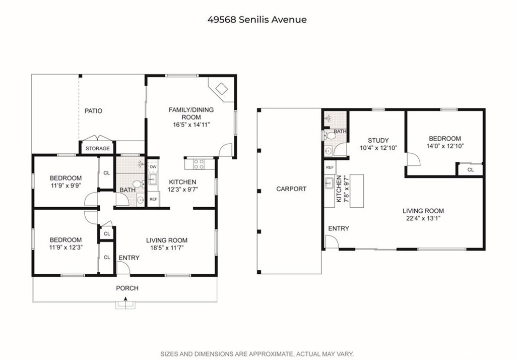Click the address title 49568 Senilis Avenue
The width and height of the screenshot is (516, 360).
tap(257, 20)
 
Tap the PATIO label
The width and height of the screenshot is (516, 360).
tap(93, 111)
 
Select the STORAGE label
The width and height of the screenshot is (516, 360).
tap(98, 149)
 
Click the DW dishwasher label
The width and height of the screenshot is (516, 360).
tap(153, 167)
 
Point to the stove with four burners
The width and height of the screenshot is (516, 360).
tap(199, 164)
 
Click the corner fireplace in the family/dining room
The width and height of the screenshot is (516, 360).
tap(221, 89)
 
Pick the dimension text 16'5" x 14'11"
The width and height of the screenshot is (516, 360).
tap(191, 125)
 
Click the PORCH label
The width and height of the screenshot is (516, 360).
tap(127, 288)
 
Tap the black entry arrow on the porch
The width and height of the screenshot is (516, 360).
tap(125, 299)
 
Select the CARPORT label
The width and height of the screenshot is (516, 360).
tap(291, 189)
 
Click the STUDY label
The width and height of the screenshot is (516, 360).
tap(378, 141)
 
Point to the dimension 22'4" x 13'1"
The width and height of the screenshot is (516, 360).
tap(423, 218)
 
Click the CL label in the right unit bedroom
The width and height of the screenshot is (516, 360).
tap(471, 170)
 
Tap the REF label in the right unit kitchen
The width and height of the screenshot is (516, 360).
tap(330, 168)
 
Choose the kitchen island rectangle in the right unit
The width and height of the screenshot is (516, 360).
tap(356, 191)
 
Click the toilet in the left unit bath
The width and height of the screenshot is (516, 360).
tap(138, 184)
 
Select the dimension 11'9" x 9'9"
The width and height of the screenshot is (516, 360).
tap(66, 186)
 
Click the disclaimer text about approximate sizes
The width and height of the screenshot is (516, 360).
tap(257, 354)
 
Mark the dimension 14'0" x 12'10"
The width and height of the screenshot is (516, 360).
tap(445, 146)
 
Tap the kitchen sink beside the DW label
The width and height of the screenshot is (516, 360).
tap(152, 179)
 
